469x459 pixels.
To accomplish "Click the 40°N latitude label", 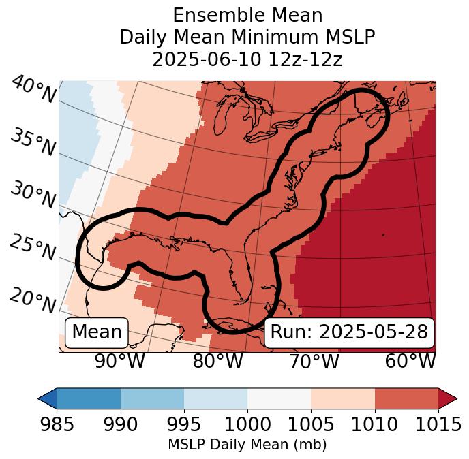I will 33,91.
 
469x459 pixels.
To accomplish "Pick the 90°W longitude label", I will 119,362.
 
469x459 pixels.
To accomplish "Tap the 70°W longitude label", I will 314,362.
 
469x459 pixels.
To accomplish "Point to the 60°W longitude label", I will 410,362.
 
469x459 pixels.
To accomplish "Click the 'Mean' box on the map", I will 97,332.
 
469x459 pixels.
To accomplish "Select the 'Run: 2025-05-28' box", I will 349,332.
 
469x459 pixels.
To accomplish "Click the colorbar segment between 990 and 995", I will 152,398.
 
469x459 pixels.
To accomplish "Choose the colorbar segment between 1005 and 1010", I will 343,398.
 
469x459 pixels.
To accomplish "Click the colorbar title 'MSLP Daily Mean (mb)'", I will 247,445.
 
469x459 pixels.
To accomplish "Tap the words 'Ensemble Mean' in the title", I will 247,15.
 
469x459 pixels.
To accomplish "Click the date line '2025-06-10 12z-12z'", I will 247,59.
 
